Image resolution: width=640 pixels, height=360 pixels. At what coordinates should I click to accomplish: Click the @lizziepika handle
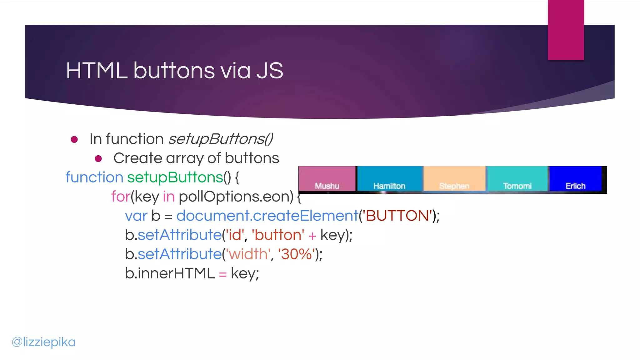pyautogui.click(x=43, y=342)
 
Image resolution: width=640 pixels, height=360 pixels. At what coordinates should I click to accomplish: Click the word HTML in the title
pyautogui.click(x=97, y=71)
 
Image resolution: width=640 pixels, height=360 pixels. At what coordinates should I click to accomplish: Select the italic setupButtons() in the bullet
pyautogui.click(x=221, y=139)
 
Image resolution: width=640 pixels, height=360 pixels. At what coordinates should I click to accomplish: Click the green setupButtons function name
pyautogui.click(x=175, y=177)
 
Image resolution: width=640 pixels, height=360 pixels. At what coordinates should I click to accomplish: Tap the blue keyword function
pyautogui.click(x=94, y=177)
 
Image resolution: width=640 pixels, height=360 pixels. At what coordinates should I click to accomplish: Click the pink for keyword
pyautogui.click(x=120, y=197)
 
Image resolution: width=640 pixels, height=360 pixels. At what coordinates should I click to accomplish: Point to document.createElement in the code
pyautogui.click(x=267, y=216)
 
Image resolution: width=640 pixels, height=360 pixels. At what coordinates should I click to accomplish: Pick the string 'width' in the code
pyautogui.click(x=248, y=254)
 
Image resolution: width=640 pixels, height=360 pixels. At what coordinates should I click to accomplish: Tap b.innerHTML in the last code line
pyautogui.click(x=170, y=273)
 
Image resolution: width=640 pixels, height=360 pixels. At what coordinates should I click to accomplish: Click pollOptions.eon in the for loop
pyautogui.click(x=236, y=197)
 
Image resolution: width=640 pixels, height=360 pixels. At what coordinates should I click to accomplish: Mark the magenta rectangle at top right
pyautogui.click(x=566, y=30)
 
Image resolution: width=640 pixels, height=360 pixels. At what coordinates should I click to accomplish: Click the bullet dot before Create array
pyautogui.click(x=98, y=159)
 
